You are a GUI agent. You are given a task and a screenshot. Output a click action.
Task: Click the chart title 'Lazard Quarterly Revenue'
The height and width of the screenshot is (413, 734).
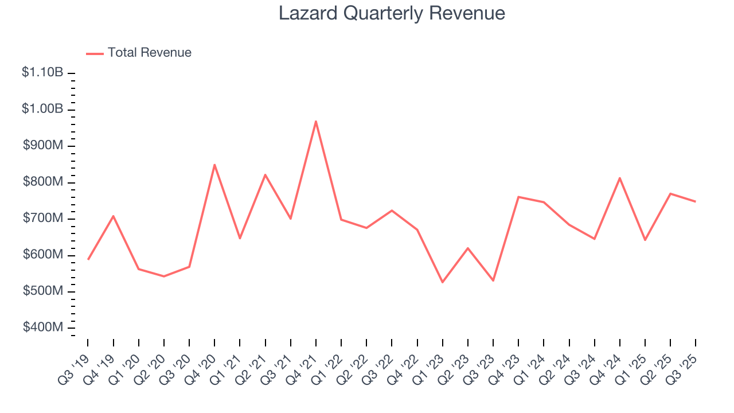(x=392, y=13)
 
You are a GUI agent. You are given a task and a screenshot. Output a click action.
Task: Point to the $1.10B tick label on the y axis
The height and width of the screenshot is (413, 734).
(x=42, y=73)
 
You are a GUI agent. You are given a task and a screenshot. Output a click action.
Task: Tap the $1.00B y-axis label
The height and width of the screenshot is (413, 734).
(x=42, y=109)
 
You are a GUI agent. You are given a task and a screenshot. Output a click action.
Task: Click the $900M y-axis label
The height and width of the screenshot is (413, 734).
(x=43, y=146)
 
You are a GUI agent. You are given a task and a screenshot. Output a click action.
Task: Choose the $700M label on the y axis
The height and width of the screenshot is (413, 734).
(x=43, y=219)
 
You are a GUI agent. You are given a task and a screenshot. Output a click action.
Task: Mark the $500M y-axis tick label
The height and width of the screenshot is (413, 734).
(x=43, y=291)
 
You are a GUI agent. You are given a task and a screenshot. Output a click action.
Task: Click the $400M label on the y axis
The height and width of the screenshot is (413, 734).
(x=43, y=328)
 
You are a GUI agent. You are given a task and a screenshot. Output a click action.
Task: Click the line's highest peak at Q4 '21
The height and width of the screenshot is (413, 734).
(x=316, y=121)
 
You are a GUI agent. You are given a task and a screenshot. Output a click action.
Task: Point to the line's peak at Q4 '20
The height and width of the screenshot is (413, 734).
(x=214, y=165)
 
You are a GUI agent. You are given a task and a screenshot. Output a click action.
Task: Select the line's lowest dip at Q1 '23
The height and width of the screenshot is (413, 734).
(x=443, y=282)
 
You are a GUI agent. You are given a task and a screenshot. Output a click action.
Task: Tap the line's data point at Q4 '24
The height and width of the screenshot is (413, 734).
(x=620, y=178)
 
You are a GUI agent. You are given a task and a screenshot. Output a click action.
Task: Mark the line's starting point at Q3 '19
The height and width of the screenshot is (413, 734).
(x=88, y=259)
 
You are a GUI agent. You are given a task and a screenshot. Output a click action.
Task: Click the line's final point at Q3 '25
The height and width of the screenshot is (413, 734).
(x=696, y=201)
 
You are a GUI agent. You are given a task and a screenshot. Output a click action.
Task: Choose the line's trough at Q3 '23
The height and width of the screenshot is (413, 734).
(x=493, y=280)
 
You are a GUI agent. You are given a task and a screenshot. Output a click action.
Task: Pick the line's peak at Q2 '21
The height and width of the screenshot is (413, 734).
(x=265, y=174)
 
